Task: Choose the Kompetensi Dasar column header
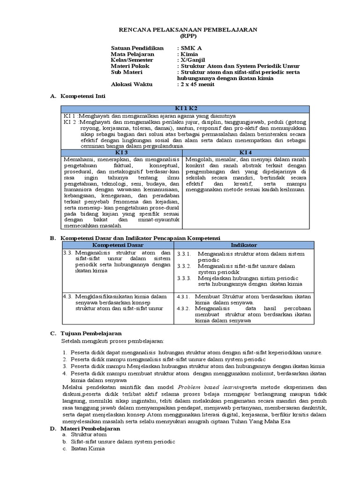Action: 118,245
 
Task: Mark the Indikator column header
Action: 244,245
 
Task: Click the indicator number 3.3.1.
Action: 185,254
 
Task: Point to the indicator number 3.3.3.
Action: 185,278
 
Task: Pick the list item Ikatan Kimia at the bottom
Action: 86,449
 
